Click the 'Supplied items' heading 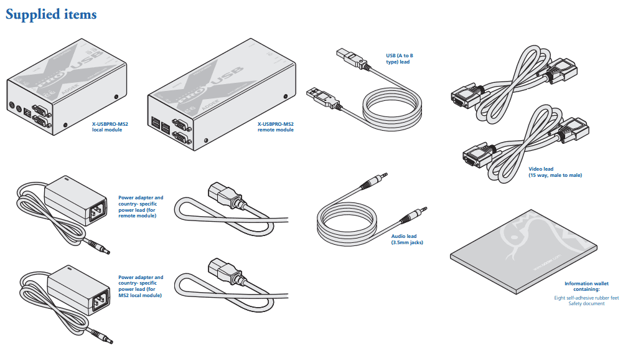click(51, 14)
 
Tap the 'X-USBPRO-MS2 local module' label click(106, 127)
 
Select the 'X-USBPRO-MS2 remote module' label click(275, 127)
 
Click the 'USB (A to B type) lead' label click(399, 59)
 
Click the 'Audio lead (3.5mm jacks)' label click(407, 239)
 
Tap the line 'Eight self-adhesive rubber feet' click(586, 298)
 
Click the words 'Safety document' click(586, 303)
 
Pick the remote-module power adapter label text click(141, 206)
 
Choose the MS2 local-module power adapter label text click(141, 286)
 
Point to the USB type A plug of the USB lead click(319, 96)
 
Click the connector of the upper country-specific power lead click(223, 193)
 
